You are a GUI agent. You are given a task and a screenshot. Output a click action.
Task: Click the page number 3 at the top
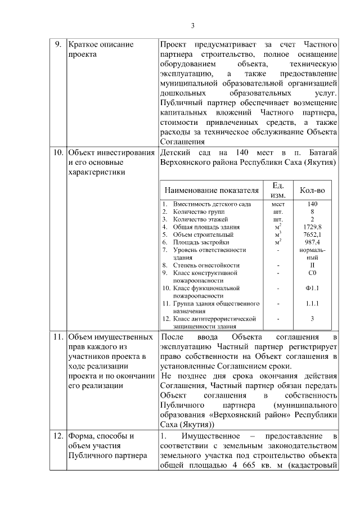[192, 25]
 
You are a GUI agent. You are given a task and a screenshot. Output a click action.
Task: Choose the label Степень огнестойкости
[206, 265]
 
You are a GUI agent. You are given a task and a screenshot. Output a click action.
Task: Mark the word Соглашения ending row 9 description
[180, 142]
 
